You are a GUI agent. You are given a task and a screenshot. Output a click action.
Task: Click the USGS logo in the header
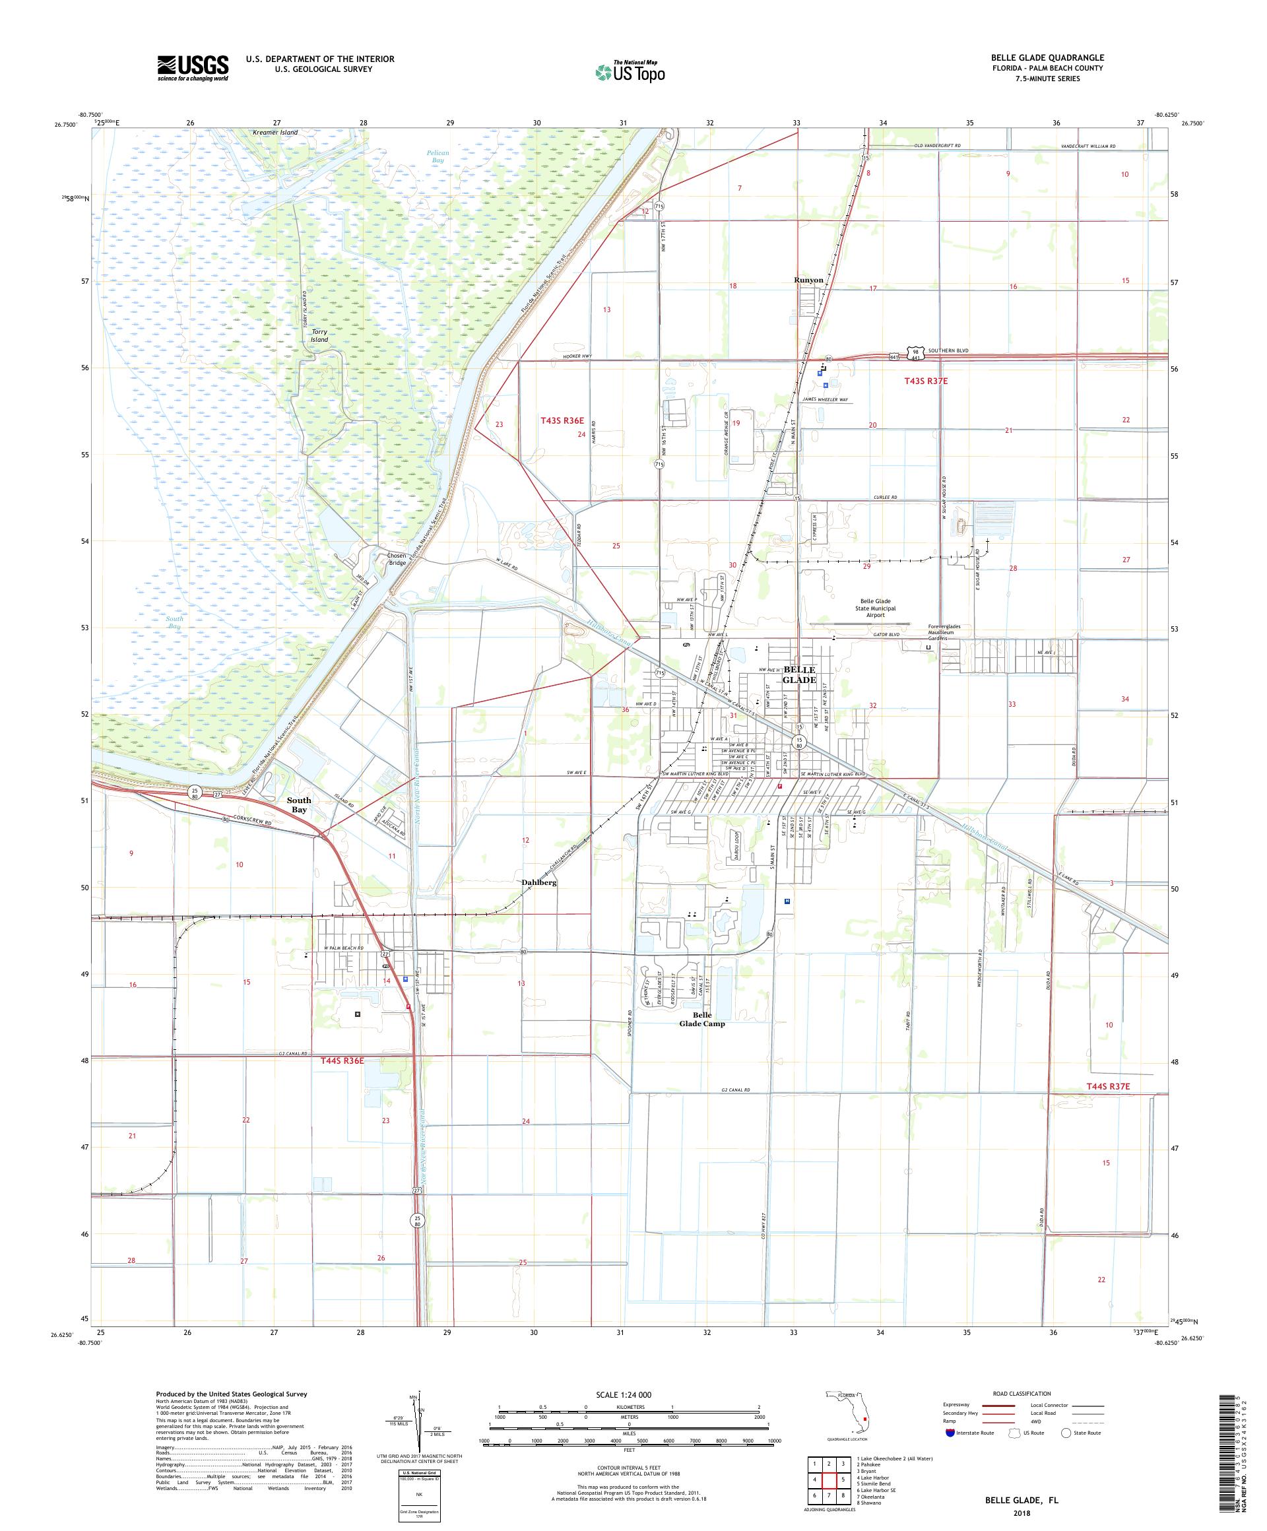193,68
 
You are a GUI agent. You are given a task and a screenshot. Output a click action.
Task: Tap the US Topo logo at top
630,71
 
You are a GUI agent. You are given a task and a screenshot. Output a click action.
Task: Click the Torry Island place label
319,336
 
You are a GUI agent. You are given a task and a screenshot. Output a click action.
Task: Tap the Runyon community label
808,280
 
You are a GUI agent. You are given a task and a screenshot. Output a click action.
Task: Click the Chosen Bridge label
397,559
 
